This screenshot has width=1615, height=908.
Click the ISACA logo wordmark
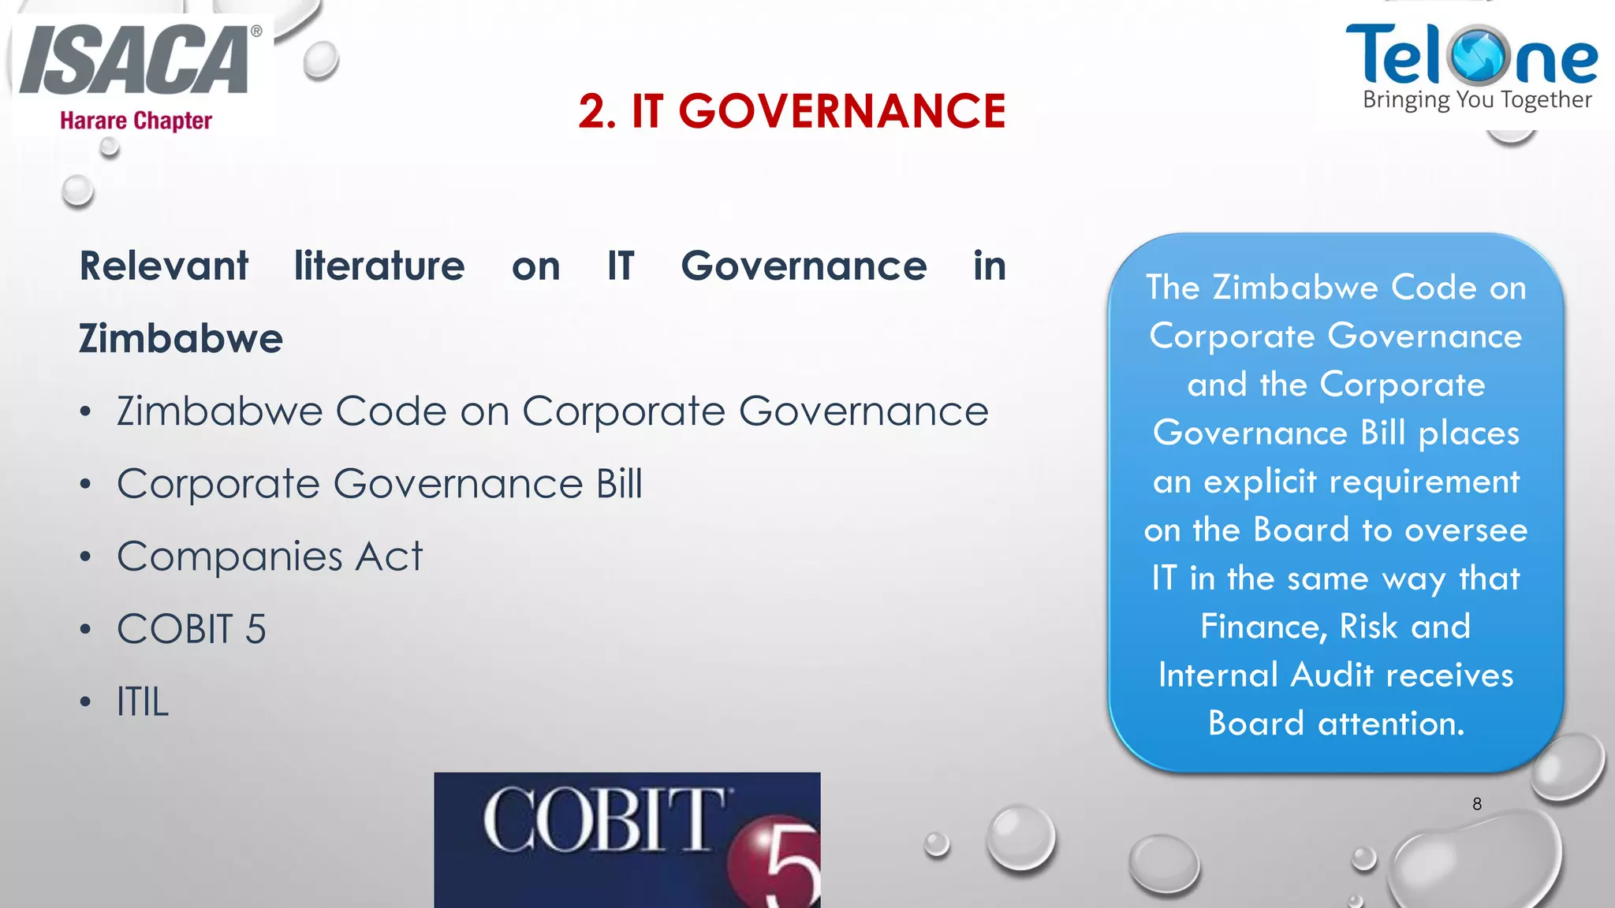click(134, 61)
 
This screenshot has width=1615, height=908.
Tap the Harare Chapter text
click(136, 121)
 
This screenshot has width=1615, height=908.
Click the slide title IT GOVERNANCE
click(792, 110)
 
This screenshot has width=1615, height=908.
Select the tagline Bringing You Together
click(1476, 100)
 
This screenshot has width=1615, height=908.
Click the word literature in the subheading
click(379, 266)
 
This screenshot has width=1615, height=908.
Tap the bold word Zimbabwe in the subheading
click(181, 339)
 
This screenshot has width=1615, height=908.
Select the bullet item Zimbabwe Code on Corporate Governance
click(552, 411)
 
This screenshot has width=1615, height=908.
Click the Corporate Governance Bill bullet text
click(379, 484)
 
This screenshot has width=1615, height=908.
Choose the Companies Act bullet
click(270, 556)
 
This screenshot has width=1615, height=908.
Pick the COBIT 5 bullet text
click(192, 629)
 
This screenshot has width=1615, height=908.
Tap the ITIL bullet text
click(143, 701)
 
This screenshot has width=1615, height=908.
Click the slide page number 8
click(1477, 804)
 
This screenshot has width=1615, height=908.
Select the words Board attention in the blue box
click(1336, 724)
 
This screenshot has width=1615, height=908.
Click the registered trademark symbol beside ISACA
click(256, 32)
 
